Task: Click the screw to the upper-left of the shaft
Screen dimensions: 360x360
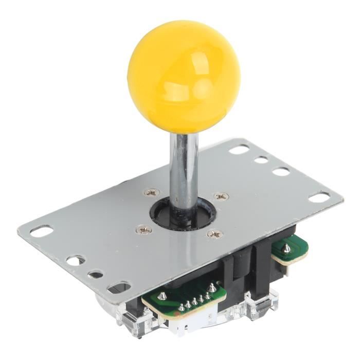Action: (151, 192)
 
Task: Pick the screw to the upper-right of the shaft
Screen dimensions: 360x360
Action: (221, 196)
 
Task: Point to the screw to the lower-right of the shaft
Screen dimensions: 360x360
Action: (214, 234)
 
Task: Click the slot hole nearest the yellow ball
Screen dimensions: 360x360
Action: (239, 150)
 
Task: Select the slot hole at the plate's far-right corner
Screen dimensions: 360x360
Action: (320, 196)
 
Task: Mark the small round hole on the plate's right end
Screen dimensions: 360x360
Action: (261, 160)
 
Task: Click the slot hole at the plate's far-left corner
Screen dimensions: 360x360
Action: (41, 231)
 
